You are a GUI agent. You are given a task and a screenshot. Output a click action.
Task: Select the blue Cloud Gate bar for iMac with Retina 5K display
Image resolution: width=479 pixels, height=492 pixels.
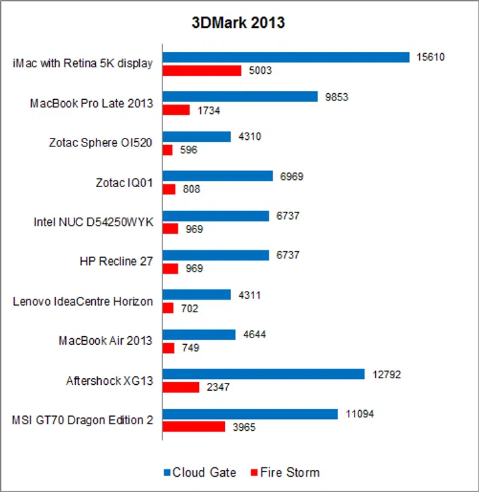click(286, 57)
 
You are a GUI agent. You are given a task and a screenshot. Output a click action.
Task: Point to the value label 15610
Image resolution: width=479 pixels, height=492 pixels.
click(430, 57)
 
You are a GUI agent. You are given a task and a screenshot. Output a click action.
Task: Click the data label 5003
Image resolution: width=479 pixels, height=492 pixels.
click(259, 71)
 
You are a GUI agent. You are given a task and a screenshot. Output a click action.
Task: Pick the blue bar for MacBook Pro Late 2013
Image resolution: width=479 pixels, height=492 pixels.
click(240, 97)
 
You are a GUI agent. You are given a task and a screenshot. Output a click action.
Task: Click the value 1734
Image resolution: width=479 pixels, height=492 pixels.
click(208, 110)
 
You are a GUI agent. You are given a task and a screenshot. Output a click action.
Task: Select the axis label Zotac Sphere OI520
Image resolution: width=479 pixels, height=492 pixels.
click(100, 142)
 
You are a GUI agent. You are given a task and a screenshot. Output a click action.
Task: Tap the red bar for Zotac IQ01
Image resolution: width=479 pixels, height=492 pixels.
click(169, 189)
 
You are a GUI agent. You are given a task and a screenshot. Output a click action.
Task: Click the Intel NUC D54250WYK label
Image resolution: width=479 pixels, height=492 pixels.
click(93, 222)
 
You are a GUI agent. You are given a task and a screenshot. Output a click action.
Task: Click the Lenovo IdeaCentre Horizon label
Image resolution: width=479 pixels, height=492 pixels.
click(82, 301)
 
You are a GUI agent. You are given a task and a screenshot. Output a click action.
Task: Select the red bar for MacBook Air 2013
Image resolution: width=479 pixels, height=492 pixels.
click(168, 348)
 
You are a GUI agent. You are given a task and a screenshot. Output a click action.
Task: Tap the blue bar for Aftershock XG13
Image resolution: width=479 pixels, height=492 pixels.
click(263, 374)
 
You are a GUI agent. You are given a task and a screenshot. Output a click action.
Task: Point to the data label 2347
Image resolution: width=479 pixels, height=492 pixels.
click(218, 387)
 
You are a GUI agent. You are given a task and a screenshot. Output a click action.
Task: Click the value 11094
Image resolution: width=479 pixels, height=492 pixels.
click(359, 413)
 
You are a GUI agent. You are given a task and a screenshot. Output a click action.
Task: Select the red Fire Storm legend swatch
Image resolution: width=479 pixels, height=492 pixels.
click(254, 473)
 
